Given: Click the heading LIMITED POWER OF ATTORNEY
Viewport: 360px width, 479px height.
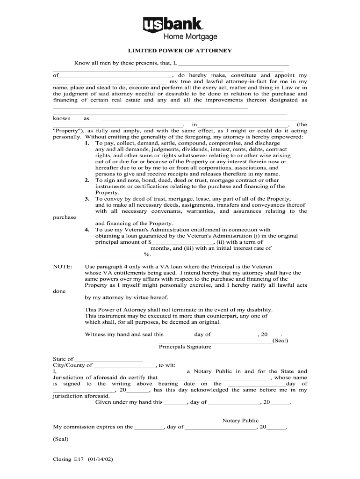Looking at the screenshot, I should click(180, 51).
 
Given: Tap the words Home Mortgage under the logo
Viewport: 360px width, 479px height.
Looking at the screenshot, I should click(190, 37).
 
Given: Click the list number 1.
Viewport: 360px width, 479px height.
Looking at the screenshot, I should click(87, 143).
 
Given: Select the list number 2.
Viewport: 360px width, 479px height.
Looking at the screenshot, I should click(87, 180).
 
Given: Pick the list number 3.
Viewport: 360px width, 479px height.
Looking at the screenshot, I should click(87, 199).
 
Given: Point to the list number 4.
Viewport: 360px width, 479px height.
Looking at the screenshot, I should click(87, 230).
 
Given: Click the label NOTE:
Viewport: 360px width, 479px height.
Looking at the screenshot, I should click(63, 267).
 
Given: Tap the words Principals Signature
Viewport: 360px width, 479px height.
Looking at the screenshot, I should click(185, 347).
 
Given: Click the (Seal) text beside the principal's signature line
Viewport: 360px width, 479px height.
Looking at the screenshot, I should click(280, 341).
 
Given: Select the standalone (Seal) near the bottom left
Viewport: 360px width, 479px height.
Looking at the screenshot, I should click(61, 439).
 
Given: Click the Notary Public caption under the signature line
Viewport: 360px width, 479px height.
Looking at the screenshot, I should click(240, 421).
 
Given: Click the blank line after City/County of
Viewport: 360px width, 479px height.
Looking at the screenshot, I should click(124, 365).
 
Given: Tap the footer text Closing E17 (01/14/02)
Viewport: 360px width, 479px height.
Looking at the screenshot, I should click(83, 459).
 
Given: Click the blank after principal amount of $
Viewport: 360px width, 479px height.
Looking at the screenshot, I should click(182, 242).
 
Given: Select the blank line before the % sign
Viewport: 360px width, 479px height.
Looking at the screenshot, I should click(119, 254).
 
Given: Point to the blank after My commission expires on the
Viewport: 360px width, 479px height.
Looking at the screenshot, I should click(149, 427).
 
